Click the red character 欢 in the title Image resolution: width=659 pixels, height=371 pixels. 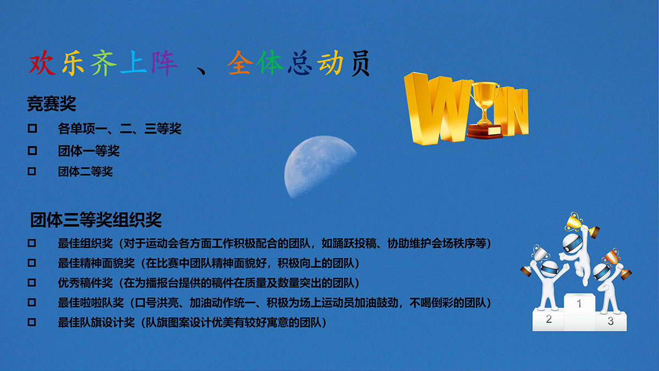click(x=42, y=63)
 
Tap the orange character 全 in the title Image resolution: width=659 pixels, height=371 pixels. click(x=240, y=63)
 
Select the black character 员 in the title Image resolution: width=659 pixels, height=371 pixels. click(x=360, y=63)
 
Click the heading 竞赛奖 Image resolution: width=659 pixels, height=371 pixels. click(x=52, y=104)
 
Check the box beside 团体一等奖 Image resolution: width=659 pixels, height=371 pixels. click(x=32, y=151)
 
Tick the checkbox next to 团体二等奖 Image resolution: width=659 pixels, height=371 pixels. click(x=32, y=171)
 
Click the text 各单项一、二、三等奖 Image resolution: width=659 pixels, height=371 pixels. click(x=120, y=129)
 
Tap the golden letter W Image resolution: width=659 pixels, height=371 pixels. click(x=435, y=109)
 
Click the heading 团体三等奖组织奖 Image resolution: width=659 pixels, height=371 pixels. click(x=96, y=220)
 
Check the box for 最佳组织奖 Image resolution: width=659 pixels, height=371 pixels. click(x=32, y=243)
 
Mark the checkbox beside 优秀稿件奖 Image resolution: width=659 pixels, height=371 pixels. click(x=32, y=283)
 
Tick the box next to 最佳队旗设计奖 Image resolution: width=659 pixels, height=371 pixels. click(x=32, y=322)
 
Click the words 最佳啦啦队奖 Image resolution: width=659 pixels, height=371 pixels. click(x=91, y=303)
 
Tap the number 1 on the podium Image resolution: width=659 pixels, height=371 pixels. click(x=579, y=303)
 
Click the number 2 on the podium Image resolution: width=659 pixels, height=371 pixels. click(x=549, y=319)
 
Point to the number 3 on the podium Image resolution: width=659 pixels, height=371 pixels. click(x=611, y=321)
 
